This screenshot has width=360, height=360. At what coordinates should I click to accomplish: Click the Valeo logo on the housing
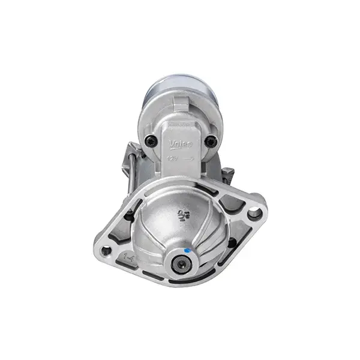point(180,144)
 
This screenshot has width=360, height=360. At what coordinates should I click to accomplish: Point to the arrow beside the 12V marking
point(188,158)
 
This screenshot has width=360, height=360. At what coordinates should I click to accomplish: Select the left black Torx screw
point(151,141)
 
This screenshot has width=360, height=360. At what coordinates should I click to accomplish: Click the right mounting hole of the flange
point(254,211)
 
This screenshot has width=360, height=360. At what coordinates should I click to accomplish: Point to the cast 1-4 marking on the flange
point(128,257)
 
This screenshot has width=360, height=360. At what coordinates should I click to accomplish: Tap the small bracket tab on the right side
point(229,175)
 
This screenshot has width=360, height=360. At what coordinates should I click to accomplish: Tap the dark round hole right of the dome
point(232,242)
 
